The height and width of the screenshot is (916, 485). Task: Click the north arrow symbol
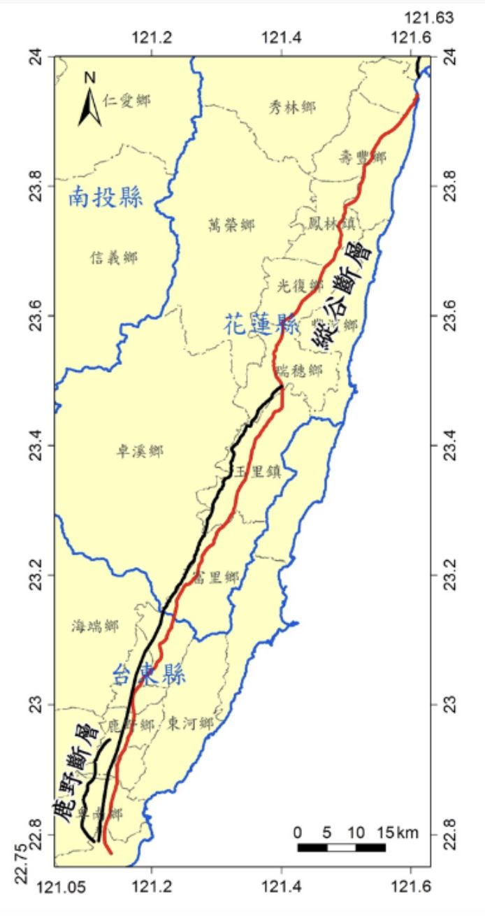tap(89, 101)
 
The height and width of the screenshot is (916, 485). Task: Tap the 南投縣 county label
tap(106, 199)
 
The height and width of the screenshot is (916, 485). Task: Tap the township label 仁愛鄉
tap(126, 100)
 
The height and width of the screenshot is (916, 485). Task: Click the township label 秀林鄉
tap(292, 107)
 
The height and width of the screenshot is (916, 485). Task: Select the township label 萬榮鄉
tap(231, 225)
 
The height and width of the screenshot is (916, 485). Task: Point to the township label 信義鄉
tap(114, 258)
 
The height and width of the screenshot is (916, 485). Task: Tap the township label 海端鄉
tap(95, 627)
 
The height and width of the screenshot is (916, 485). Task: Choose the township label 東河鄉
tap(190, 724)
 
